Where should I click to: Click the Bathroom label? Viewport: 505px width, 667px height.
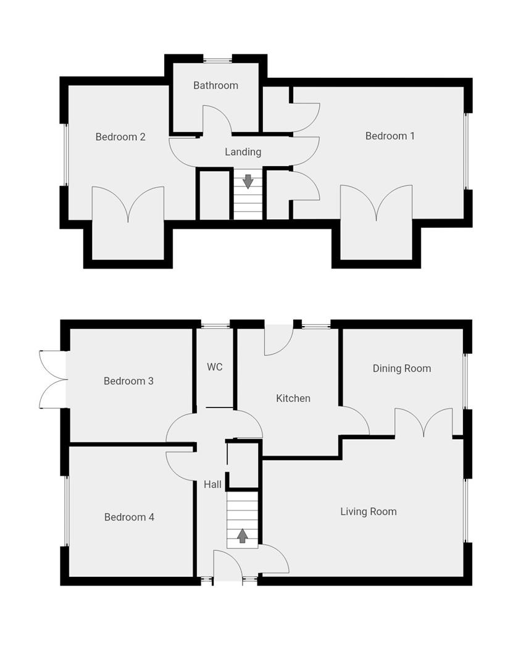[x=215, y=85]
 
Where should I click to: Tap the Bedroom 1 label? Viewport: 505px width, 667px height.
[x=390, y=136]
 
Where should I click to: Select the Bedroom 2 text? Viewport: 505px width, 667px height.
[x=120, y=136]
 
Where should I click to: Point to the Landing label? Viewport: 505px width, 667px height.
[x=243, y=151]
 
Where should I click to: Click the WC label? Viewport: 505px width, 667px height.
[x=214, y=367]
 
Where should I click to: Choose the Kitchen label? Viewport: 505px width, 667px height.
[x=293, y=398]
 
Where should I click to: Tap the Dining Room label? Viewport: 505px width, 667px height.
[x=401, y=368]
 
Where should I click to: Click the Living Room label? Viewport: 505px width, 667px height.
[x=368, y=511]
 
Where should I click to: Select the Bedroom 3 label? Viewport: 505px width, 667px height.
[x=128, y=381]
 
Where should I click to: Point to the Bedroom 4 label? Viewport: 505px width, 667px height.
[x=129, y=517]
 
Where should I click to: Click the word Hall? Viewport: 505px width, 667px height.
[x=212, y=485]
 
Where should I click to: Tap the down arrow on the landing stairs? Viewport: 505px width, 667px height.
[x=248, y=181]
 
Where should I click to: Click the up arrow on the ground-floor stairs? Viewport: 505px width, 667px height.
[x=242, y=535]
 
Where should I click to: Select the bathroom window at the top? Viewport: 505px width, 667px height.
[x=217, y=60]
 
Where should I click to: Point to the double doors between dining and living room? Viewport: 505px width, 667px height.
[x=424, y=423]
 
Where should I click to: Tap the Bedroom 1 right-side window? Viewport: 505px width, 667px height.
[x=467, y=151]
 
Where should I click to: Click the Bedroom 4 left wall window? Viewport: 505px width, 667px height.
[x=65, y=510]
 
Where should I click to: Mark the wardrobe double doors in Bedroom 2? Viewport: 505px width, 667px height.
[x=128, y=204]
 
